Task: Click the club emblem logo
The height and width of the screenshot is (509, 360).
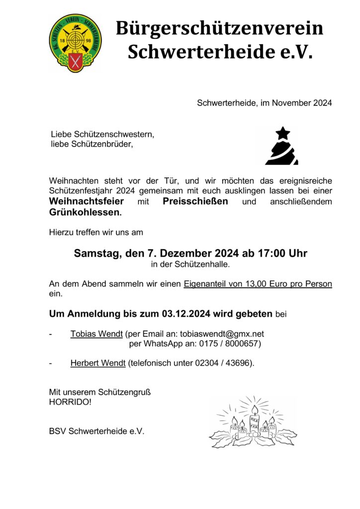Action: coord(75,43)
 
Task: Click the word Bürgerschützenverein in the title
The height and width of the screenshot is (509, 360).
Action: coord(219,28)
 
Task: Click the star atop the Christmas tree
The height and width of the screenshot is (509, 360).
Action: coord(282,133)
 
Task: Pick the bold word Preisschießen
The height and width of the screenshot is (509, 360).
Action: coord(195,201)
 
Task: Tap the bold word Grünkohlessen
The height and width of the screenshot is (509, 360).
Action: coord(84,213)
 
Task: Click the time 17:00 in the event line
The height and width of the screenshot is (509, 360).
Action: coord(271,253)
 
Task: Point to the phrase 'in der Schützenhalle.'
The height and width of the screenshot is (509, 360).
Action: coord(190,264)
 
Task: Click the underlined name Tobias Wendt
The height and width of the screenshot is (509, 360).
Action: coord(96,334)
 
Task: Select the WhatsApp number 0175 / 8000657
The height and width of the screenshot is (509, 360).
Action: coord(228,343)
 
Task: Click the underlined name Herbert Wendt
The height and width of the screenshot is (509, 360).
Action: coord(98,363)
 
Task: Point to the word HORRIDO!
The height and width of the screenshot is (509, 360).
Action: coord(70,401)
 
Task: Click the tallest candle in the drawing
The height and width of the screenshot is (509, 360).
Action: coord(255,420)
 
